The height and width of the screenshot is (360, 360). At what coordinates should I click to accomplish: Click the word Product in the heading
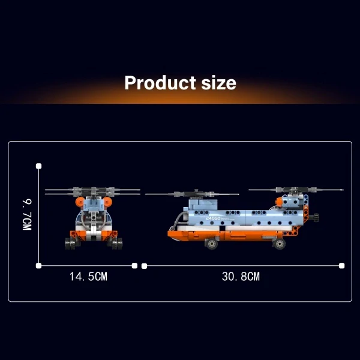[160, 83]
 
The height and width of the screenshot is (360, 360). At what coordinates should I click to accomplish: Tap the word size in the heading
[218, 83]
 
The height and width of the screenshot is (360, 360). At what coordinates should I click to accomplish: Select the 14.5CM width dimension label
[88, 277]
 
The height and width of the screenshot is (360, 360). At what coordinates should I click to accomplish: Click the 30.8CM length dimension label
[241, 277]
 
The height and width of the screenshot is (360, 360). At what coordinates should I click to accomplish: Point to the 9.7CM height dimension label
[27, 215]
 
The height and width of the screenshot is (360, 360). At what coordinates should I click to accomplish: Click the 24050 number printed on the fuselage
[213, 218]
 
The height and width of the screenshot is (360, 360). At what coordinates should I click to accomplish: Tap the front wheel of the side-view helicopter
[211, 244]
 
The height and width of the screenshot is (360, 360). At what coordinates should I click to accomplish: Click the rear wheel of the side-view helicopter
[279, 244]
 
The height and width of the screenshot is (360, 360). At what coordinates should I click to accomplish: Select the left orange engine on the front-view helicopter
[80, 202]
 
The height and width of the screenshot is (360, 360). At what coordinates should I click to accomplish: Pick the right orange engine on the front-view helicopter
[107, 202]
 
